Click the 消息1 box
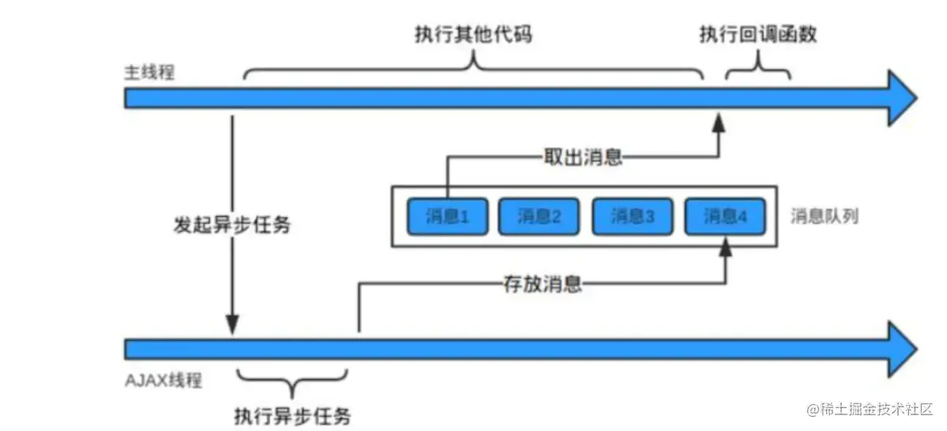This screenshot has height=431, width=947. [447, 216]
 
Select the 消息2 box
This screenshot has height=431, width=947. [539, 216]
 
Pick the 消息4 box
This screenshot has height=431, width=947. [724, 216]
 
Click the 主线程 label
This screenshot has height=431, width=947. [148, 73]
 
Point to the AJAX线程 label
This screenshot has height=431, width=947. [163, 380]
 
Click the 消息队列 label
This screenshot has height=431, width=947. [825, 216]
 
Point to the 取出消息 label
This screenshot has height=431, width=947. [584, 157]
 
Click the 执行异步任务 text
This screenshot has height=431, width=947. [292, 415]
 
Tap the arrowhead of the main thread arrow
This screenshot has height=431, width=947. [902, 98]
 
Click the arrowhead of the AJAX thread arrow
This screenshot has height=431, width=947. [902, 349]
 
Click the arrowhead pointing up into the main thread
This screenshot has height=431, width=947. [719, 122]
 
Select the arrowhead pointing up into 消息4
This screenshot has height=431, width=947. [724, 249]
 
